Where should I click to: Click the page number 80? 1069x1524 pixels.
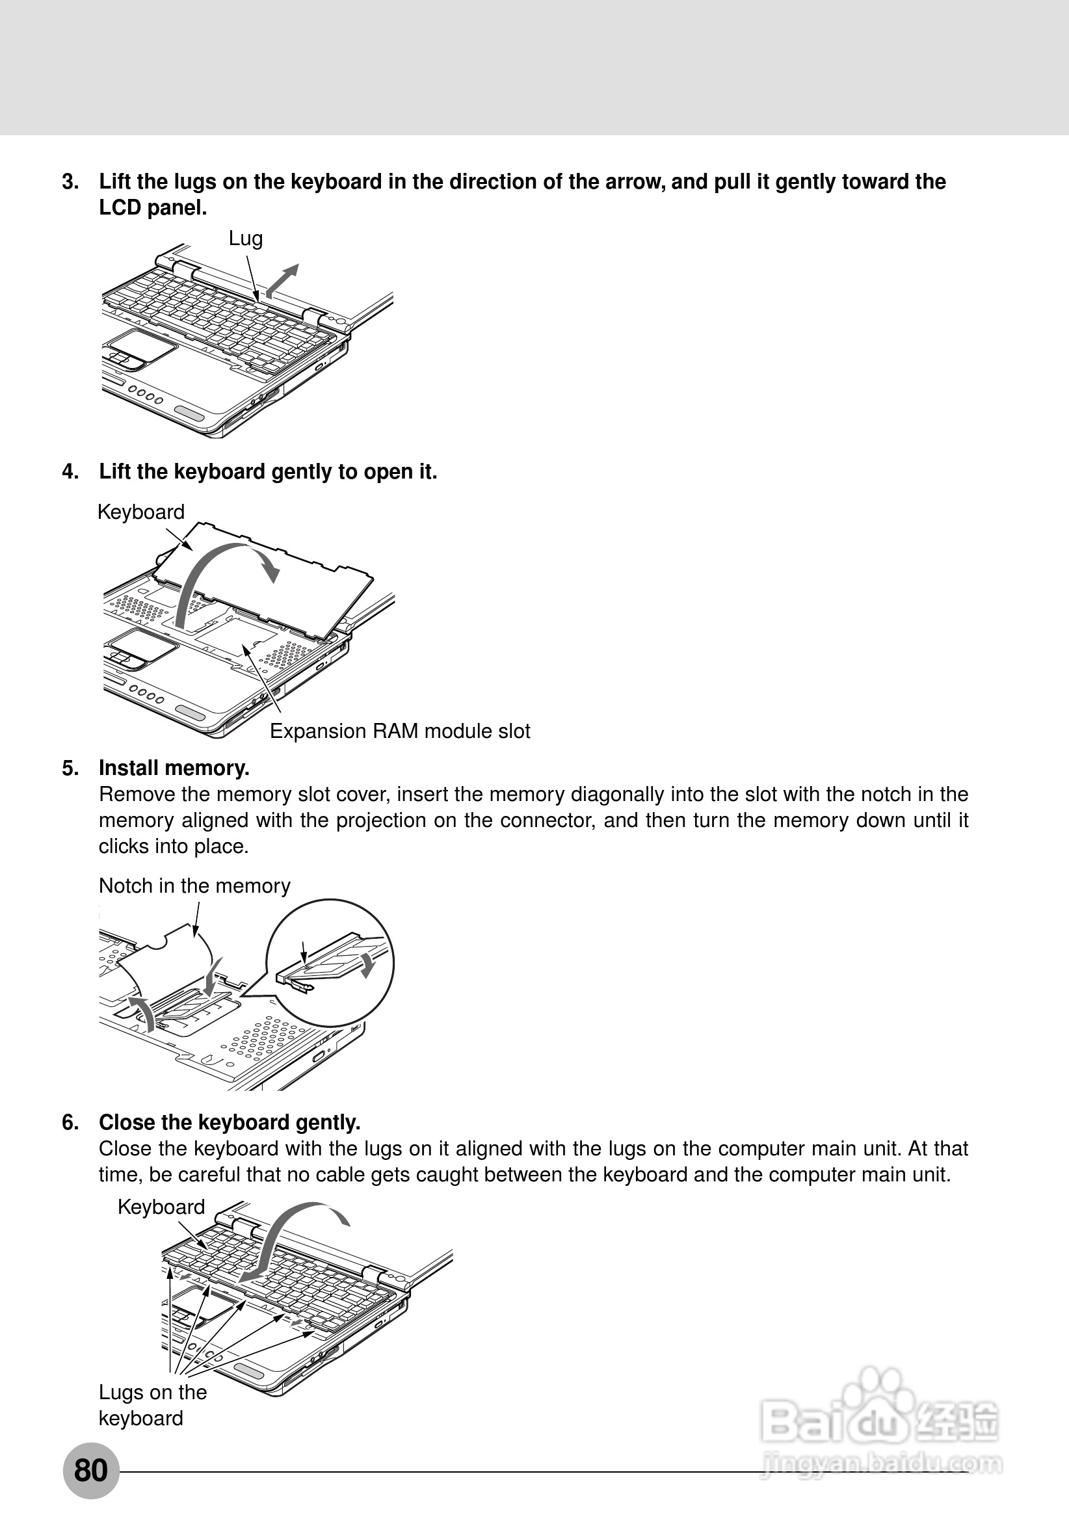pos(91,1470)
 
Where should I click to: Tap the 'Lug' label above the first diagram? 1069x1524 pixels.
pos(246,239)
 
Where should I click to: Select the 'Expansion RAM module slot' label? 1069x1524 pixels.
pos(400,731)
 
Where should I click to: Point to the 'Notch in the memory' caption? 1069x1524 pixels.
pos(194,886)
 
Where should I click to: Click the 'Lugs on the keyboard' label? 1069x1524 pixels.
pos(153,1405)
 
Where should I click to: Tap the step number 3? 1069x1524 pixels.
pos(70,182)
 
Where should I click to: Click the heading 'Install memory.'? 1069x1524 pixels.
pos(174,768)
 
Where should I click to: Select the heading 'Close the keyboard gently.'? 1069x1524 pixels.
pos(230,1122)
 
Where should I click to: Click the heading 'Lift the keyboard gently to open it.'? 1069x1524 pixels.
pos(269,472)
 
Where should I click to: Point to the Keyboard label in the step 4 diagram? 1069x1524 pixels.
pos(140,512)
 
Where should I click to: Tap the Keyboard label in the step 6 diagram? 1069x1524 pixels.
pos(161,1207)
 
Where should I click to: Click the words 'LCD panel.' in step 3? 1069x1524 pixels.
pos(153,209)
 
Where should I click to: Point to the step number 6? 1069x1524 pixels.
pos(70,1122)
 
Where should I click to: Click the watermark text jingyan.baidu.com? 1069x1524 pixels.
pos(883,1464)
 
